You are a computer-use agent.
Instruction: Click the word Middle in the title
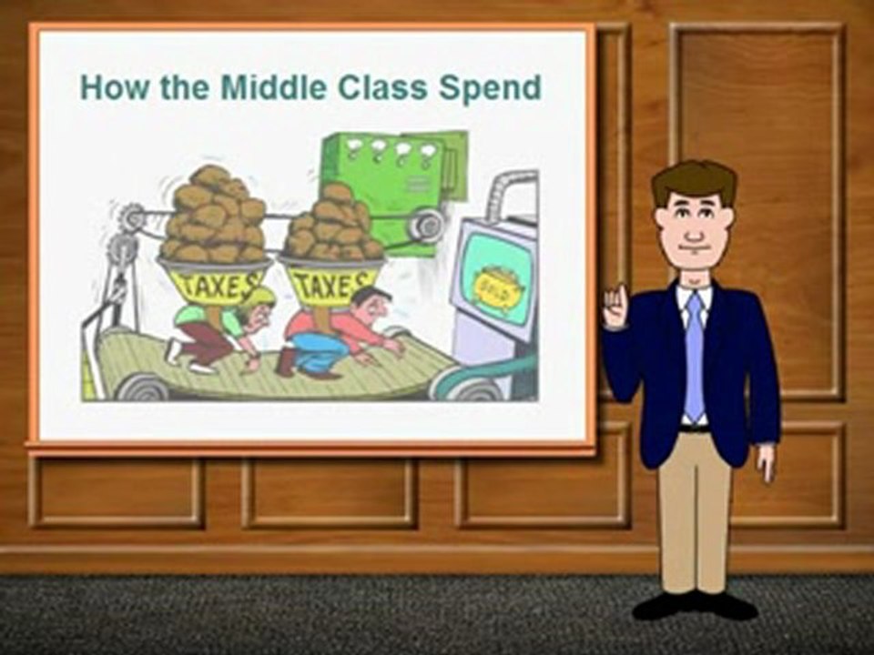272,87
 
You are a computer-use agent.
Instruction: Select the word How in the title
115,87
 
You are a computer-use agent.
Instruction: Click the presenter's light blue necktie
694,357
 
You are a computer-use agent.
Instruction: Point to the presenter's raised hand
615,307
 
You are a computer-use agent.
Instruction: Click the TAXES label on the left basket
215,284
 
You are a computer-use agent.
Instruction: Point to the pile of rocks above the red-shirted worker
333,224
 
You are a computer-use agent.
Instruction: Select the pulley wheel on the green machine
428,224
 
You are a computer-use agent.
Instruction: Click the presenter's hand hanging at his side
766,462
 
